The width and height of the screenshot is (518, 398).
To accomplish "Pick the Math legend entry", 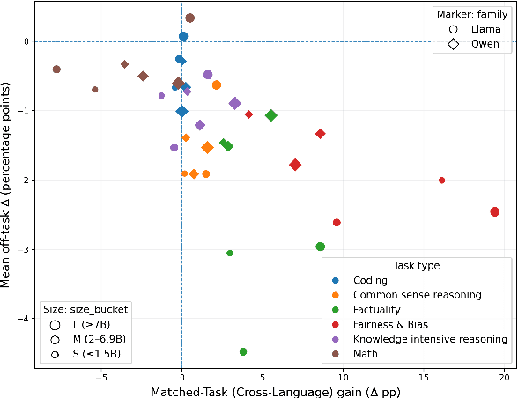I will (x=366, y=353).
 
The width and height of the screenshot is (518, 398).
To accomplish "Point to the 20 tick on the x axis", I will (x=504, y=376).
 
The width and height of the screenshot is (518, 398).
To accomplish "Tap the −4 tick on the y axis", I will (x=20, y=319).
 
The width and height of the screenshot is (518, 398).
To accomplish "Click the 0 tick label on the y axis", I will (x=24, y=41).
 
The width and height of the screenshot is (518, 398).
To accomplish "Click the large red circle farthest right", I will (x=495, y=211).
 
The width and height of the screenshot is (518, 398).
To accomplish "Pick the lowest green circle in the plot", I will (x=243, y=351).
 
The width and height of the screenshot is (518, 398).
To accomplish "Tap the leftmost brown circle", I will (x=56, y=69).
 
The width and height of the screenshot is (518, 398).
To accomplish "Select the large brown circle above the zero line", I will (x=189, y=18).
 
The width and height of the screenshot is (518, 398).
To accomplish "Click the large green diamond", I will (x=271, y=115).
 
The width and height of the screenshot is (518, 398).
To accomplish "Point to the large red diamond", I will (x=295, y=165).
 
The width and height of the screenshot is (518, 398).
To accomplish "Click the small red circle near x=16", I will (x=441, y=180).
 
